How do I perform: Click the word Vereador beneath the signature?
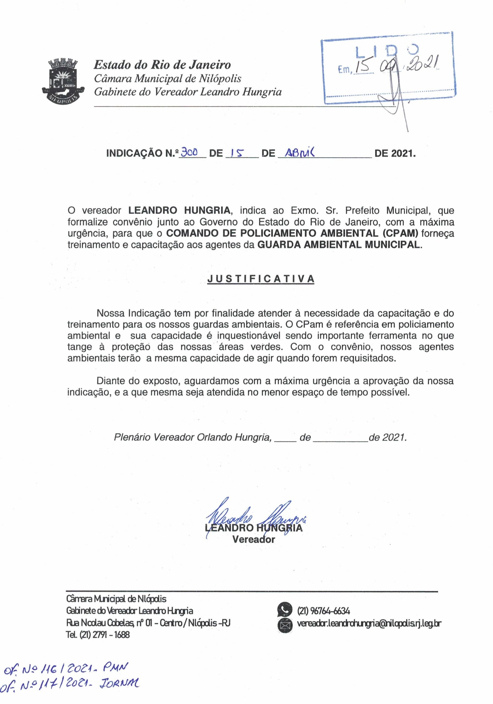pos(253,539)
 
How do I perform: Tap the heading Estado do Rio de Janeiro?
pos(162,65)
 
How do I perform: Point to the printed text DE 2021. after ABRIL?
pos(395,153)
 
